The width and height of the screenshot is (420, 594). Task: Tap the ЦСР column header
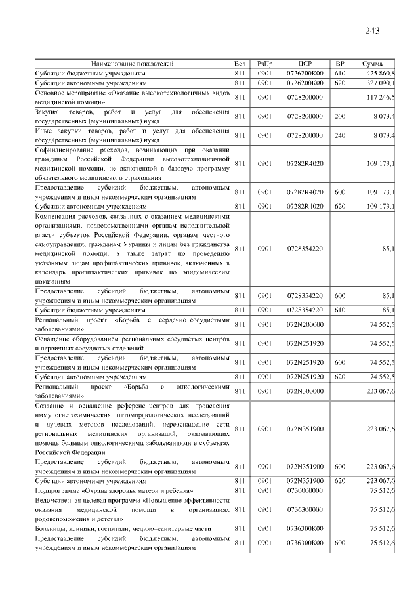(x=304, y=64)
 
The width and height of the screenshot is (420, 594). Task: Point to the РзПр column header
(x=264, y=64)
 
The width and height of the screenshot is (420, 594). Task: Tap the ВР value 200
(x=339, y=116)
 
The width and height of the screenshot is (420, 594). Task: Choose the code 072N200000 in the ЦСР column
(x=304, y=324)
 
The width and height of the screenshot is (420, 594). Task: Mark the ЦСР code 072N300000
(x=304, y=391)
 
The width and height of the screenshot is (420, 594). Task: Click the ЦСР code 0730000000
(x=304, y=490)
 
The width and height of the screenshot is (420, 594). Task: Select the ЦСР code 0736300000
(x=304, y=509)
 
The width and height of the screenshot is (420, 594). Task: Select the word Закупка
(x=49, y=112)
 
